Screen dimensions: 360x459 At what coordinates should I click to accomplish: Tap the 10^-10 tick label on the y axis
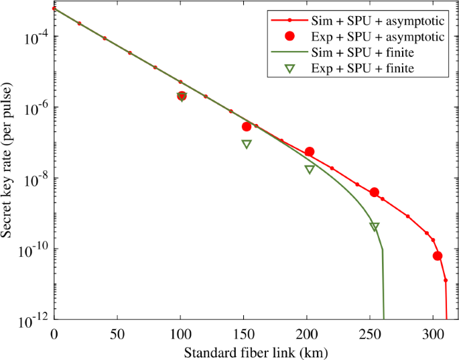click(x=34, y=249)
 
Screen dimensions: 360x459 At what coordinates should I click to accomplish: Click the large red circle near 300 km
click(x=438, y=256)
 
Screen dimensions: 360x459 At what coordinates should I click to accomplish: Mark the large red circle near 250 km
click(x=375, y=192)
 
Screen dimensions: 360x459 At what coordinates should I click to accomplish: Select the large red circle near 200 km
click(x=310, y=152)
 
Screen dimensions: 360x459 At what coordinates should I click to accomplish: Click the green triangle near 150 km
click(x=246, y=144)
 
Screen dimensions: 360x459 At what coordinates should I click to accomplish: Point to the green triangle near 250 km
click(x=375, y=227)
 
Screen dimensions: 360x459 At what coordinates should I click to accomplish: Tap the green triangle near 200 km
click(x=310, y=170)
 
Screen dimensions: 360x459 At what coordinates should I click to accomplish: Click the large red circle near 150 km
click(x=246, y=127)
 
